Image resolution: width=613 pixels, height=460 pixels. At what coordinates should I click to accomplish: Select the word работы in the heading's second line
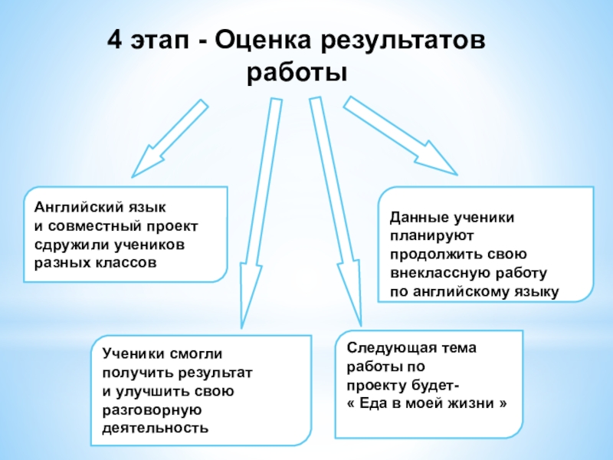(297, 74)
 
